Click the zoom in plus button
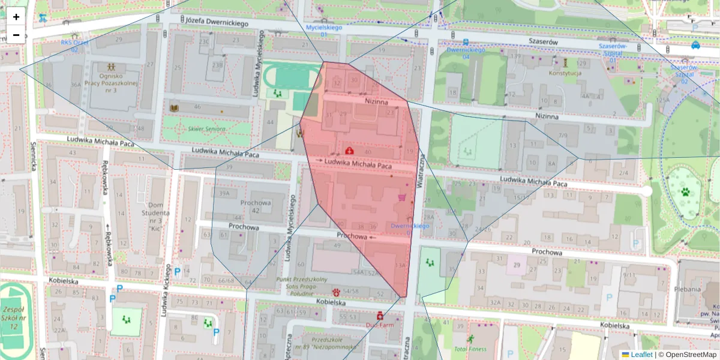(x=16, y=17)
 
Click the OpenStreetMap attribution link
(x=690, y=355)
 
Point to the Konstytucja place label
(x=565, y=73)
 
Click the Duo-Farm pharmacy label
(x=379, y=325)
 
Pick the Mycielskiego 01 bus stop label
(x=324, y=31)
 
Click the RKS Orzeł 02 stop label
(x=74, y=46)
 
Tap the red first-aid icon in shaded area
(x=349, y=150)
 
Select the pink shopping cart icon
(x=402, y=197)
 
